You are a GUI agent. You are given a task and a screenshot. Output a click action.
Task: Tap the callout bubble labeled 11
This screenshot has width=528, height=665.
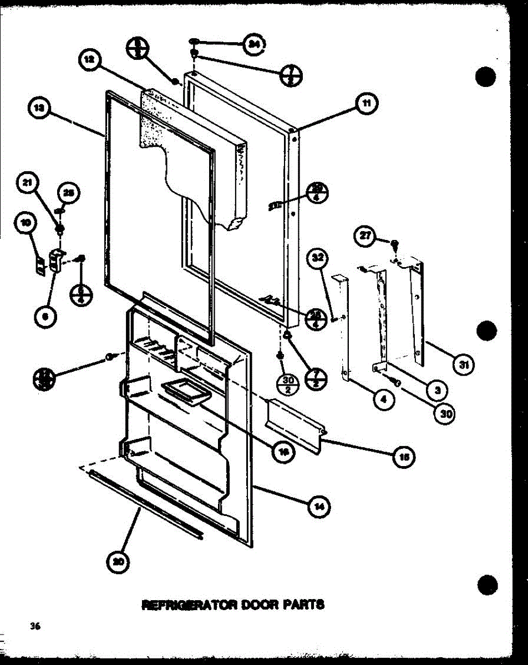[x=367, y=104]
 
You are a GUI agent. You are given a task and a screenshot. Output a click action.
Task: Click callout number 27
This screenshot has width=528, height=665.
[x=364, y=235]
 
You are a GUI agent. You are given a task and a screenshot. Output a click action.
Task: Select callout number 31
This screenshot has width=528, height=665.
[x=463, y=365]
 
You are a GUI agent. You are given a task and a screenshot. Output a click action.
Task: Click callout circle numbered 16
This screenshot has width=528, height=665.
[x=284, y=452]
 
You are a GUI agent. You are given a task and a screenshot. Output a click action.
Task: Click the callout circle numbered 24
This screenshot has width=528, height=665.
[x=254, y=45]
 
